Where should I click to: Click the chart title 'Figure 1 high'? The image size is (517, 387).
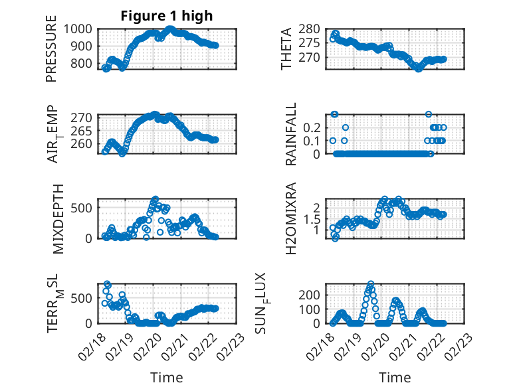coord(166,16)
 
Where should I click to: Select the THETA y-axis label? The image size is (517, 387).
coord(286,48)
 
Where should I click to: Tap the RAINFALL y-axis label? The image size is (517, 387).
coord(290,135)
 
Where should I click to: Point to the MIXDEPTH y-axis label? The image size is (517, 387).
coord(58,218)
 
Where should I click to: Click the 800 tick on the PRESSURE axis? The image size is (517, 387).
coord(84,64)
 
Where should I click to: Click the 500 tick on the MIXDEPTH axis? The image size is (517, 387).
coord(84,207)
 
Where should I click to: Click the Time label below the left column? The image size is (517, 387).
coord(166,378)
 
